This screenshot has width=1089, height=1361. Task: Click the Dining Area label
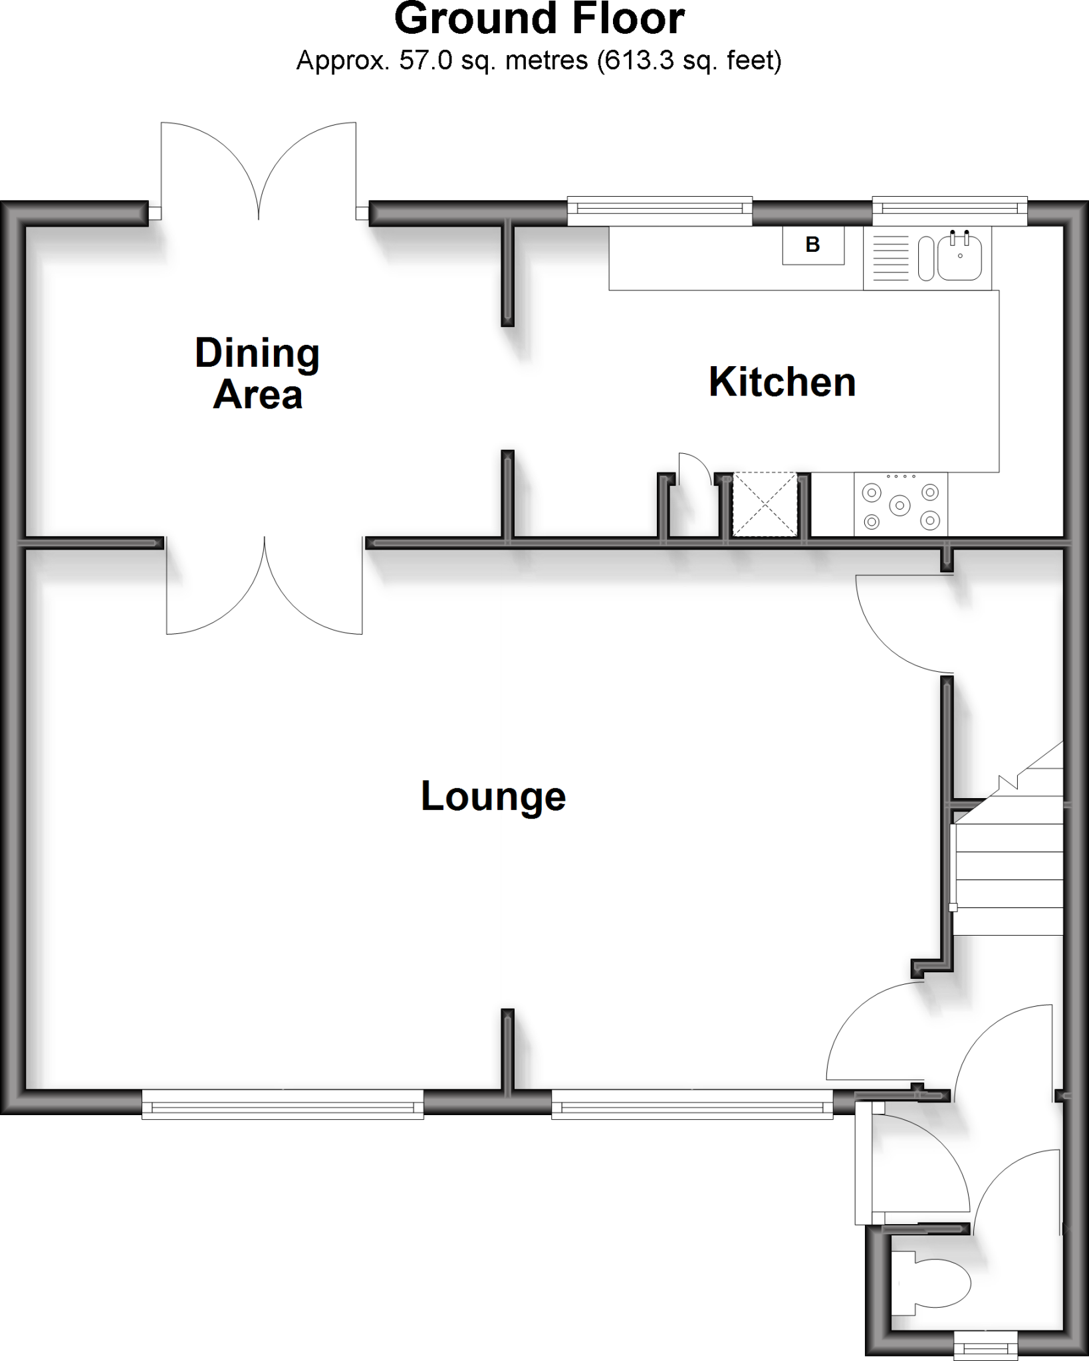[x=257, y=373]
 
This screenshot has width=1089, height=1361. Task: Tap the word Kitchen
[x=782, y=383]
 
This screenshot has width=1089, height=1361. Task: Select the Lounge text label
[x=493, y=796]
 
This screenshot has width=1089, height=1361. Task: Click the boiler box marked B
[x=812, y=245]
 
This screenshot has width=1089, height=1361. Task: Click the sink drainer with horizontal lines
[x=890, y=259]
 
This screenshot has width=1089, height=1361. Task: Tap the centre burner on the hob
[x=900, y=505]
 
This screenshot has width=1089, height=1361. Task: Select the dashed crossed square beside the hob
[x=765, y=504]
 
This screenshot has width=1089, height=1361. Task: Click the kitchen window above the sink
[x=949, y=209]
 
